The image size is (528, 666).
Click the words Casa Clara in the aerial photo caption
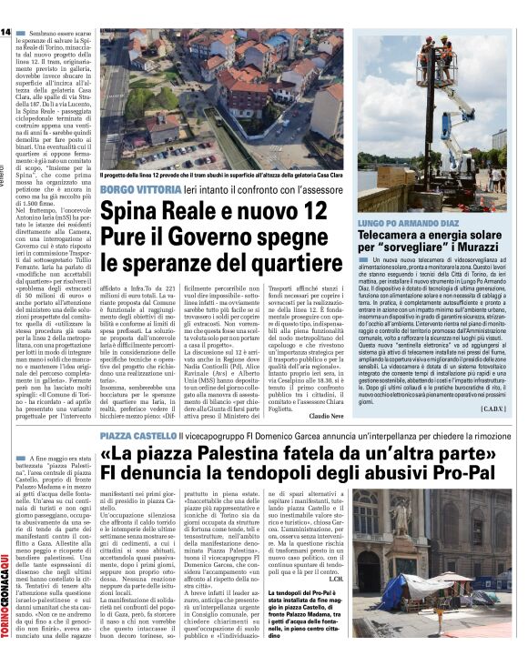(328, 175)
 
